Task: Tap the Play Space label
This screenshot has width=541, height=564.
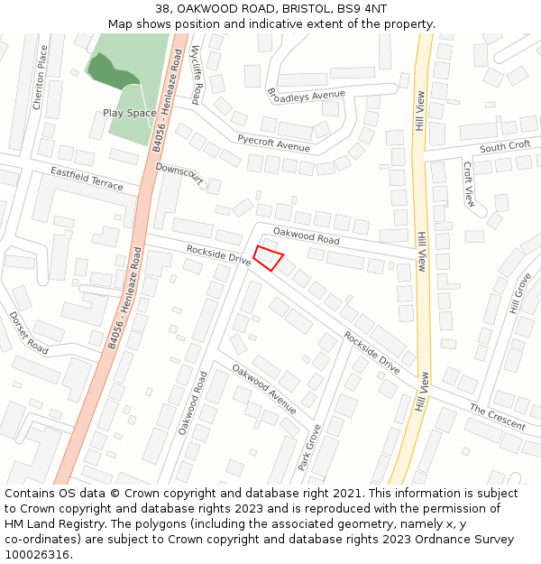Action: click(x=129, y=113)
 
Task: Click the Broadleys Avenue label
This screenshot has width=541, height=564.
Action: click(x=307, y=94)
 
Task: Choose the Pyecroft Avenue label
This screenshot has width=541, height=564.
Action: click(x=273, y=141)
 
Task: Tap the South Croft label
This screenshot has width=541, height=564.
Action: click(x=505, y=146)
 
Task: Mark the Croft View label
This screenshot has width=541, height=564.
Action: click(x=469, y=184)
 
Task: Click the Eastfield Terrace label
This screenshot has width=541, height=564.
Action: click(x=87, y=178)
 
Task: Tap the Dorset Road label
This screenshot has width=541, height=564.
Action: click(x=29, y=332)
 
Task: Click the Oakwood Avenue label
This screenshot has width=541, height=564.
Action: click(x=264, y=388)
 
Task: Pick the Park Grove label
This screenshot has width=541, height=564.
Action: click(x=310, y=447)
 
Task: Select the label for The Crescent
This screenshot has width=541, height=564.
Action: click(x=497, y=417)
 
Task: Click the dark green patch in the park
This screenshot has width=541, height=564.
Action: click(x=112, y=71)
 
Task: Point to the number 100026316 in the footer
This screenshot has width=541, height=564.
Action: click(x=38, y=554)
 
